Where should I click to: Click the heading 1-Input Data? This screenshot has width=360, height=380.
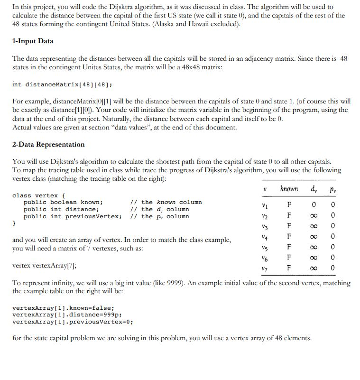[33, 41]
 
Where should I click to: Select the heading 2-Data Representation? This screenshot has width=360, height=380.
[48, 144]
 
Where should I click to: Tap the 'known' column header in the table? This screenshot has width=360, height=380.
[289, 188]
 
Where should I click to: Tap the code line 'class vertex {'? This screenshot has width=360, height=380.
[39, 195]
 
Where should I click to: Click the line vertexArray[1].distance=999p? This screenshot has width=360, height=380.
[66, 315]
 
